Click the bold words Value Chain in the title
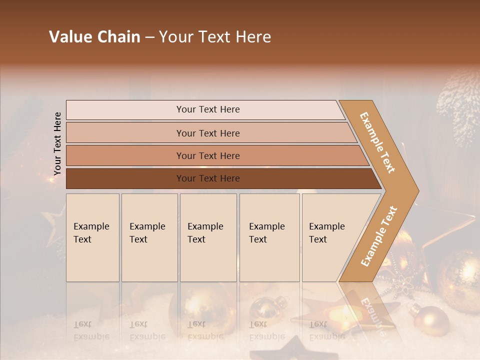pos(94,37)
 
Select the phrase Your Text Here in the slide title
pos(215,37)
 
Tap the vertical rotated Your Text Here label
pos(57,143)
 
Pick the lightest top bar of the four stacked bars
pos(207,109)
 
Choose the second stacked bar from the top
pos(207,133)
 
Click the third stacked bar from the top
pos(207,155)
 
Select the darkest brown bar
pos(207,178)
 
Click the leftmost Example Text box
pos(92,237)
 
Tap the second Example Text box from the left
pos(149,237)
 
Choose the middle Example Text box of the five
pos(208,237)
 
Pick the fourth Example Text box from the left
pos(269,237)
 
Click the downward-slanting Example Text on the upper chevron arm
pos(377,142)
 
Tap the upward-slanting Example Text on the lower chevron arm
pos(379,236)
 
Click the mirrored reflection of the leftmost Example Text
pos(91,330)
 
